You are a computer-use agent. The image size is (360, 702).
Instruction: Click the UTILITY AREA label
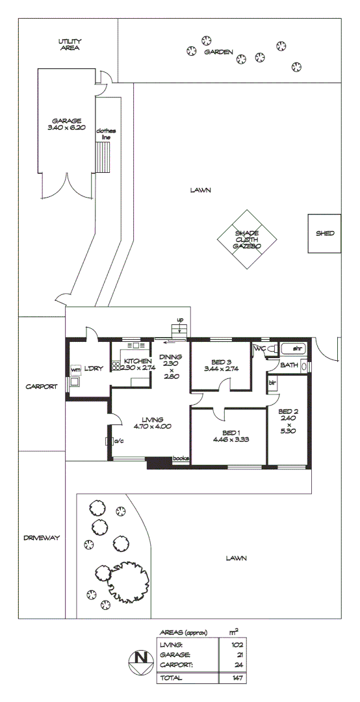point(69,44)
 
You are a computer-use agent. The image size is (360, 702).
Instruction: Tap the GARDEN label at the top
point(218,52)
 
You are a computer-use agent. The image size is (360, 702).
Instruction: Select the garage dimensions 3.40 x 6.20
point(68,128)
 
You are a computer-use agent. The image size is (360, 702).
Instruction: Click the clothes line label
point(105,134)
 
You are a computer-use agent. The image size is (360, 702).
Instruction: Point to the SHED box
point(324,233)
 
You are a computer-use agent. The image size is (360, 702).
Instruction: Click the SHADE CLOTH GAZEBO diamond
point(247,239)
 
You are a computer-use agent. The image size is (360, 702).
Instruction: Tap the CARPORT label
point(42,386)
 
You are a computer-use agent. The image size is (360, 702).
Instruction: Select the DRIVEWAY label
point(42,538)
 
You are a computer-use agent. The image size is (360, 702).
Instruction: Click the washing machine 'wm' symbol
point(75,371)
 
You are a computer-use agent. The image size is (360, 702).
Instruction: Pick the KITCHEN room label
point(138,361)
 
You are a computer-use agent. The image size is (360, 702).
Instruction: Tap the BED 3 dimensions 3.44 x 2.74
point(221,369)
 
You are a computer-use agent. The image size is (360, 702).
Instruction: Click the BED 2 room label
point(288,411)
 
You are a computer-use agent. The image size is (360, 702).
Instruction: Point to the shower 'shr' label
point(298,349)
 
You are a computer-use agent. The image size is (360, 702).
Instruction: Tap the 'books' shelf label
point(181,458)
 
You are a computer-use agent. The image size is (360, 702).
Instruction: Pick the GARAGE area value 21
point(236,655)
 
